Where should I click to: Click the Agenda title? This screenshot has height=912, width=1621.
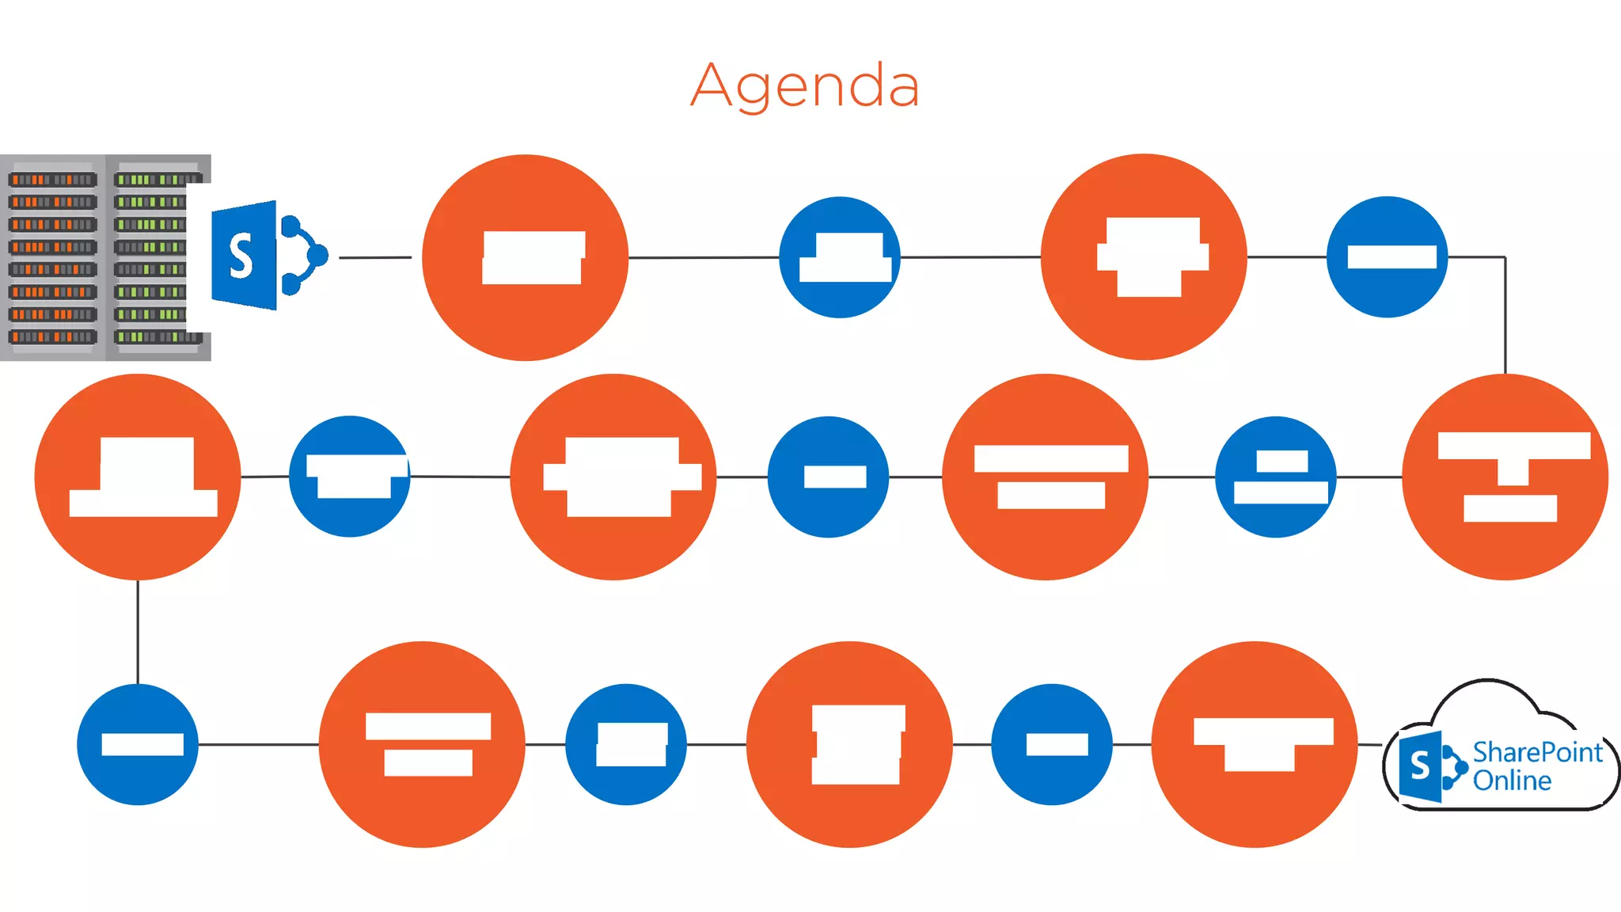pyautogui.click(x=805, y=85)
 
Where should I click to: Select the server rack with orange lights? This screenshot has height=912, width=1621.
pyautogui.click(x=52, y=257)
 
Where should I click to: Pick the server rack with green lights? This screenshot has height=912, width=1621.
pyautogui.click(x=150, y=257)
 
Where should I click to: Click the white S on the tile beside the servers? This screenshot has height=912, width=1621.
pyautogui.click(x=241, y=256)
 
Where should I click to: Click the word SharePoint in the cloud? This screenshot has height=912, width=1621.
pyautogui.click(x=1536, y=752)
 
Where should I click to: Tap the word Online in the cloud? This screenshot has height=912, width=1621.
pyautogui.click(x=1512, y=781)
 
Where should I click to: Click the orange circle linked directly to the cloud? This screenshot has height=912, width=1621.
pyautogui.click(x=1255, y=744)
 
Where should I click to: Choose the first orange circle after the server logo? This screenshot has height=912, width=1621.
pyautogui.click(x=526, y=257)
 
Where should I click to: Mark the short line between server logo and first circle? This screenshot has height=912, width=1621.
pyautogui.click(x=375, y=257)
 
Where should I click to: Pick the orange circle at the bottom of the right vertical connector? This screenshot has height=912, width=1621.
pyautogui.click(x=1505, y=477)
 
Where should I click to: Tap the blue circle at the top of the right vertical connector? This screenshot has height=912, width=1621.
pyautogui.click(x=1387, y=257)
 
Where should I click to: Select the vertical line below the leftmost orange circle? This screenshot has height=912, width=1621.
pyautogui.click(x=138, y=632)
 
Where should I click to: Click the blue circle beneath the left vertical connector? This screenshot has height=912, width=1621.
pyautogui.click(x=138, y=744)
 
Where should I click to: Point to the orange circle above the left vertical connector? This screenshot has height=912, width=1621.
pyautogui.click(x=138, y=477)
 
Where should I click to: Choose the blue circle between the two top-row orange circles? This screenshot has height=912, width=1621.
pyautogui.click(x=840, y=257)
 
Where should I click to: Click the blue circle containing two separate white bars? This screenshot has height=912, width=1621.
pyautogui.click(x=1276, y=477)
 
